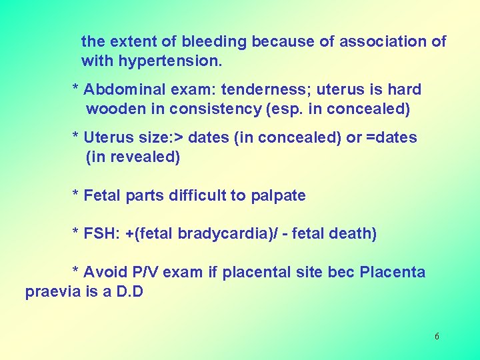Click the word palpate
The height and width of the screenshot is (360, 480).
click(278, 195)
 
